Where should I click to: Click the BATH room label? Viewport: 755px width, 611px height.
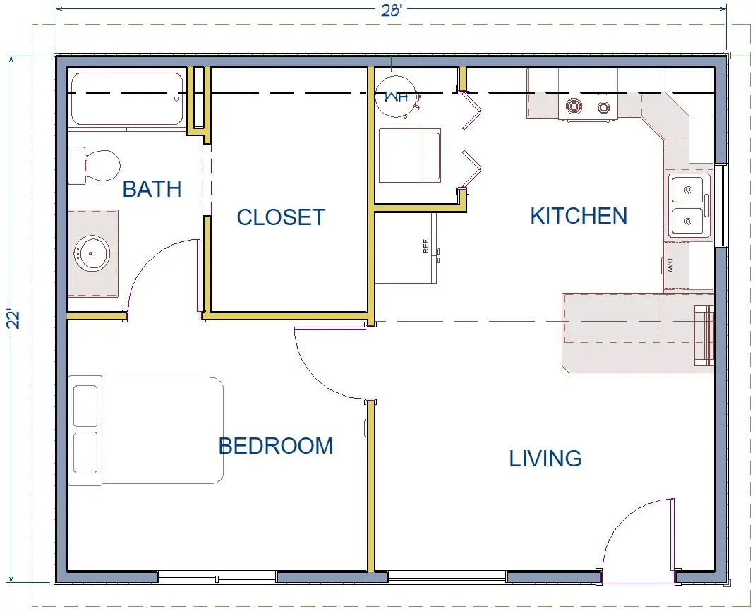[x=152, y=189]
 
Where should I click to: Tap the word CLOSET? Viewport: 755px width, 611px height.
[x=282, y=217]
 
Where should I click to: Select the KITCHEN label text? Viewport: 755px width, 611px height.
[x=579, y=216]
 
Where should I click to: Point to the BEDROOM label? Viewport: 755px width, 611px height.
[x=276, y=446]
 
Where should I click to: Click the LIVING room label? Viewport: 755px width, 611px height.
[x=545, y=459]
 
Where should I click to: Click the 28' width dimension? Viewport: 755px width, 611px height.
[x=392, y=10]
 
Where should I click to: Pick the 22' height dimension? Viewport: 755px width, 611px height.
[x=14, y=319]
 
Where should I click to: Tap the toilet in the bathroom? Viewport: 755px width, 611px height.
[x=95, y=166]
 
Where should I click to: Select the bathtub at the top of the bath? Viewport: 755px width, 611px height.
[x=127, y=99]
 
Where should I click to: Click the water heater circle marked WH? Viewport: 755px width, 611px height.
[x=397, y=97]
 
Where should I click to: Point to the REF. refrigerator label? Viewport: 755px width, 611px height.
[x=425, y=245]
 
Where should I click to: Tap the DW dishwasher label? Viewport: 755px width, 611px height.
[x=670, y=265]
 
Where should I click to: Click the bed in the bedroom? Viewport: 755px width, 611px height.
[x=146, y=430]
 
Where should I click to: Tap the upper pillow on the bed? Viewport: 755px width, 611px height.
[x=85, y=406]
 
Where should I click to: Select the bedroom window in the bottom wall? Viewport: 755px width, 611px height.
[x=217, y=578]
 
